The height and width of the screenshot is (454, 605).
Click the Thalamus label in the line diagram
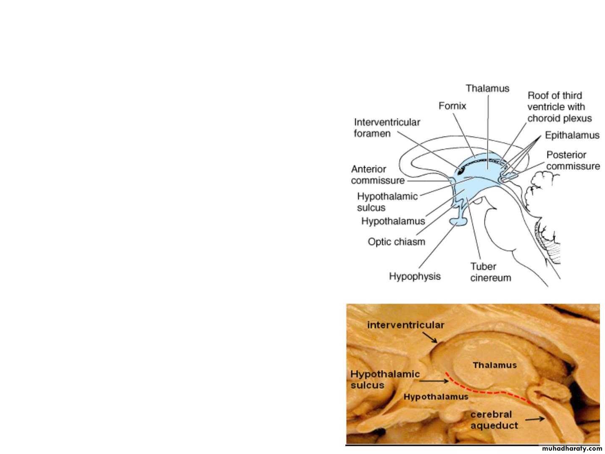click(x=487, y=89)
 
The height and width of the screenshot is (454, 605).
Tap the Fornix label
click(x=452, y=106)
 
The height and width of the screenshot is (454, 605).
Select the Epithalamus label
click(x=572, y=135)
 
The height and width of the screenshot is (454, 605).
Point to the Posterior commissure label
click(x=573, y=161)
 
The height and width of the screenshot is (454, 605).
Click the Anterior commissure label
click(x=377, y=175)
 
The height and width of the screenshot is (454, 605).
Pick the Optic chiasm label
click(x=396, y=242)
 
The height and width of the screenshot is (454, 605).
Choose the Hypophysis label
click(x=415, y=276)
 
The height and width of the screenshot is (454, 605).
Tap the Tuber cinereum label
click(x=490, y=272)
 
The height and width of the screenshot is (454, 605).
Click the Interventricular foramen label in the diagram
click(x=387, y=128)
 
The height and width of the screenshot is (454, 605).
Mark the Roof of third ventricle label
click(x=559, y=107)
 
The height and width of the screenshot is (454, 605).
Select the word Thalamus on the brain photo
click(x=495, y=365)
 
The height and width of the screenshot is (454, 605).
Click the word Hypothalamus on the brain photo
click(x=436, y=396)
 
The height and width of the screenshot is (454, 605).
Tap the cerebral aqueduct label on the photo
click(x=494, y=420)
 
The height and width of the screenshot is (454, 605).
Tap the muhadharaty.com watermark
click(x=572, y=449)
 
